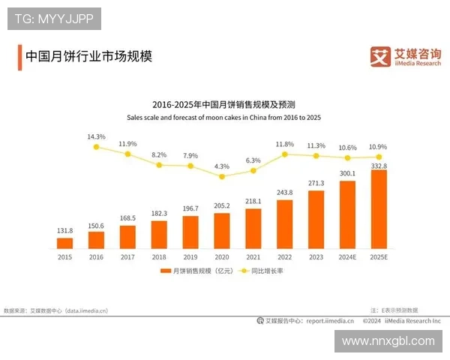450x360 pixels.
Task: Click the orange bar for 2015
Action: (x=64, y=242)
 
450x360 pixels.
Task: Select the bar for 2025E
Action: (x=379, y=209)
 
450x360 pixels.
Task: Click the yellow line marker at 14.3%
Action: (x=96, y=147)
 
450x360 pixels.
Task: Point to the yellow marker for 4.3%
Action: (x=222, y=176)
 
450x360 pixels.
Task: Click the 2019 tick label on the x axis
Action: (x=190, y=256)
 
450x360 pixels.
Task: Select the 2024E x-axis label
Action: (x=348, y=256)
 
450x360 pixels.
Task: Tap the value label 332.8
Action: (x=379, y=164)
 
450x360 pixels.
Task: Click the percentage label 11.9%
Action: (x=127, y=143)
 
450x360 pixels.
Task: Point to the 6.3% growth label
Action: (x=253, y=160)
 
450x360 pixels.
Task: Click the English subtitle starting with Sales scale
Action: (x=223, y=117)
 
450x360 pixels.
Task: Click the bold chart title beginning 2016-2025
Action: (x=223, y=105)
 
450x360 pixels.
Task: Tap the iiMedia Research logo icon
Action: (x=381, y=55)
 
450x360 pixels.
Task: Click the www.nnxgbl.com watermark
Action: (x=388, y=341)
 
